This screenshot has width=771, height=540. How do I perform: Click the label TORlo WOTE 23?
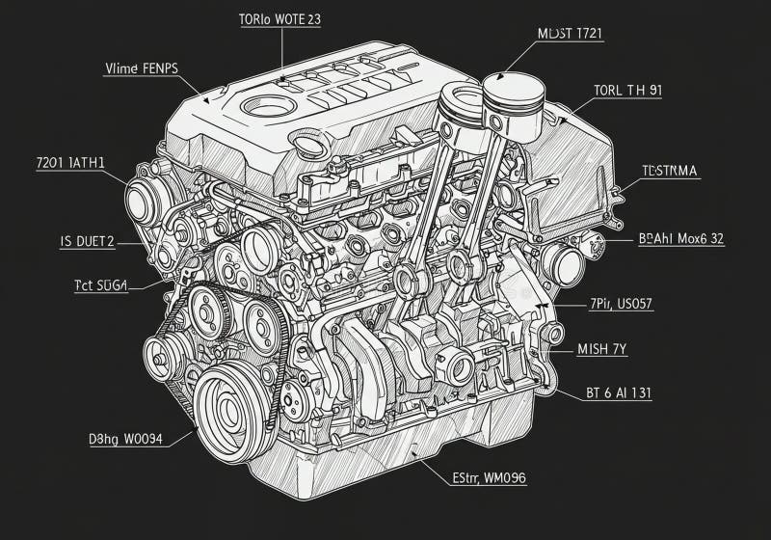(x=279, y=18)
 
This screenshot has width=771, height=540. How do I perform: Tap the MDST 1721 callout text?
(x=569, y=33)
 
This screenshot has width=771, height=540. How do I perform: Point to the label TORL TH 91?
(x=627, y=91)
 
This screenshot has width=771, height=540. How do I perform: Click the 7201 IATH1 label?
(x=70, y=164)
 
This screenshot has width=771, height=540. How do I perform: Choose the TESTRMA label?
(x=670, y=171)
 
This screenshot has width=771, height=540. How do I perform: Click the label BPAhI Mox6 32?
(x=681, y=239)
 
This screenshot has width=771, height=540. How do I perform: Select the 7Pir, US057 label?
(x=621, y=304)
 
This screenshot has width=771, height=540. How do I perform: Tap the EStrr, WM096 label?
(x=489, y=477)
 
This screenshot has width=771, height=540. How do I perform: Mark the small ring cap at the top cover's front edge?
(x=309, y=148)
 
